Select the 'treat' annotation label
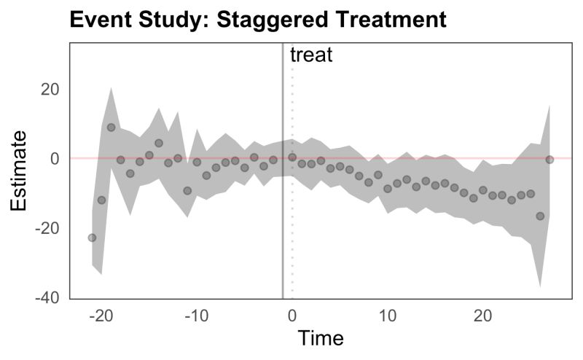coord(311,55)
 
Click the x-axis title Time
coord(320,338)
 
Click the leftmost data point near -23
coord(92,238)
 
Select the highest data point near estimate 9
coord(111,127)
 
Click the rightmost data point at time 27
coord(549,160)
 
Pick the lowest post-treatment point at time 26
coord(540,216)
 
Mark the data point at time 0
coord(292,157)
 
